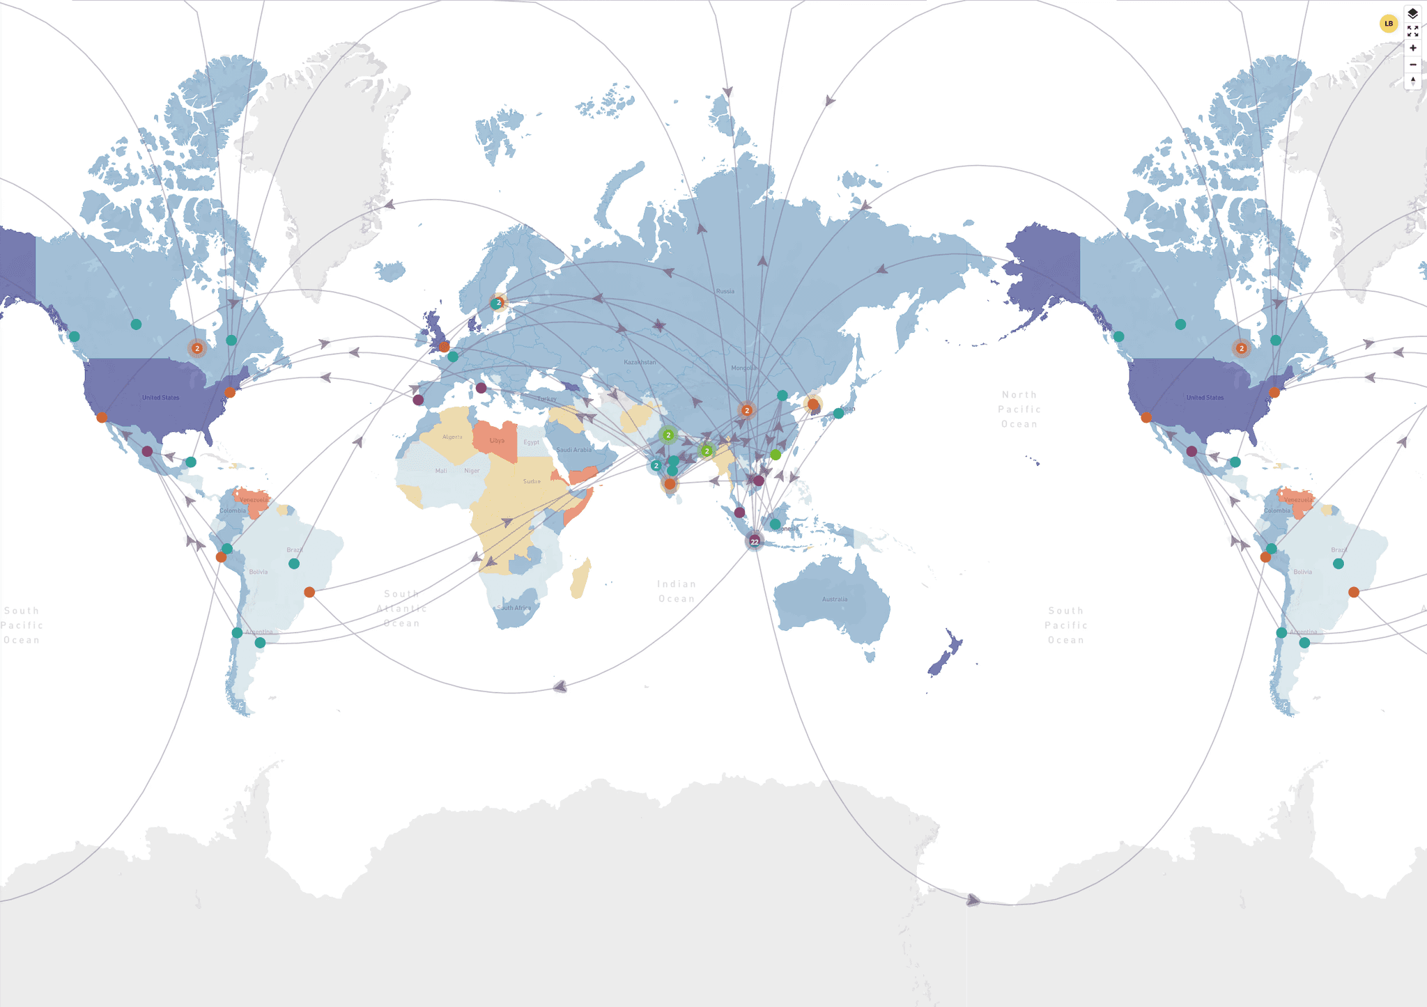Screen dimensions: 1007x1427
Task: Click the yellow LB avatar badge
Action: click(1388, 24)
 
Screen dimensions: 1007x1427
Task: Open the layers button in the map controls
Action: click(1412, 14)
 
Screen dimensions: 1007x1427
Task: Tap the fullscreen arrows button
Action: click(1412, 31)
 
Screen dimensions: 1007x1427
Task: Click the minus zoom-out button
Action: click(1412, 65)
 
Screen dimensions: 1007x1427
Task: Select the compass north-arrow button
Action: click(1412, 81)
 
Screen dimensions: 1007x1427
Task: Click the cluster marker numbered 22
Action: click(755, 541)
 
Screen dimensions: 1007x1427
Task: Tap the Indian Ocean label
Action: click(677, 591)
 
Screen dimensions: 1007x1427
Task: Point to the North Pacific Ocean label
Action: click(1019, 409)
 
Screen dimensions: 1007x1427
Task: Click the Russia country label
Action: click(725, 291)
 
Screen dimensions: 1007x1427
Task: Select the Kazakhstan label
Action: click(640, 362)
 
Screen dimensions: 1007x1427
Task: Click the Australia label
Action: click(834, 599)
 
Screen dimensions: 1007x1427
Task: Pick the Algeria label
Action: click(452, 437)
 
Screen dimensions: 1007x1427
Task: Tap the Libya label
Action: click(497, 441)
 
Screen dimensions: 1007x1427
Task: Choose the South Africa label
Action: click(514, 608)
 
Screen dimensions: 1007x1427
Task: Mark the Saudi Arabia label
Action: click(573, 450)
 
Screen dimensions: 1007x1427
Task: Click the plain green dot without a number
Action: click(776, 455)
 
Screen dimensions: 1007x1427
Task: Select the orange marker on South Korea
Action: click(812, 404)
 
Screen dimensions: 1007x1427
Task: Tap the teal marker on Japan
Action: click(838, 414)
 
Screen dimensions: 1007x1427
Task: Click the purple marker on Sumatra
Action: click(739, 513)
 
